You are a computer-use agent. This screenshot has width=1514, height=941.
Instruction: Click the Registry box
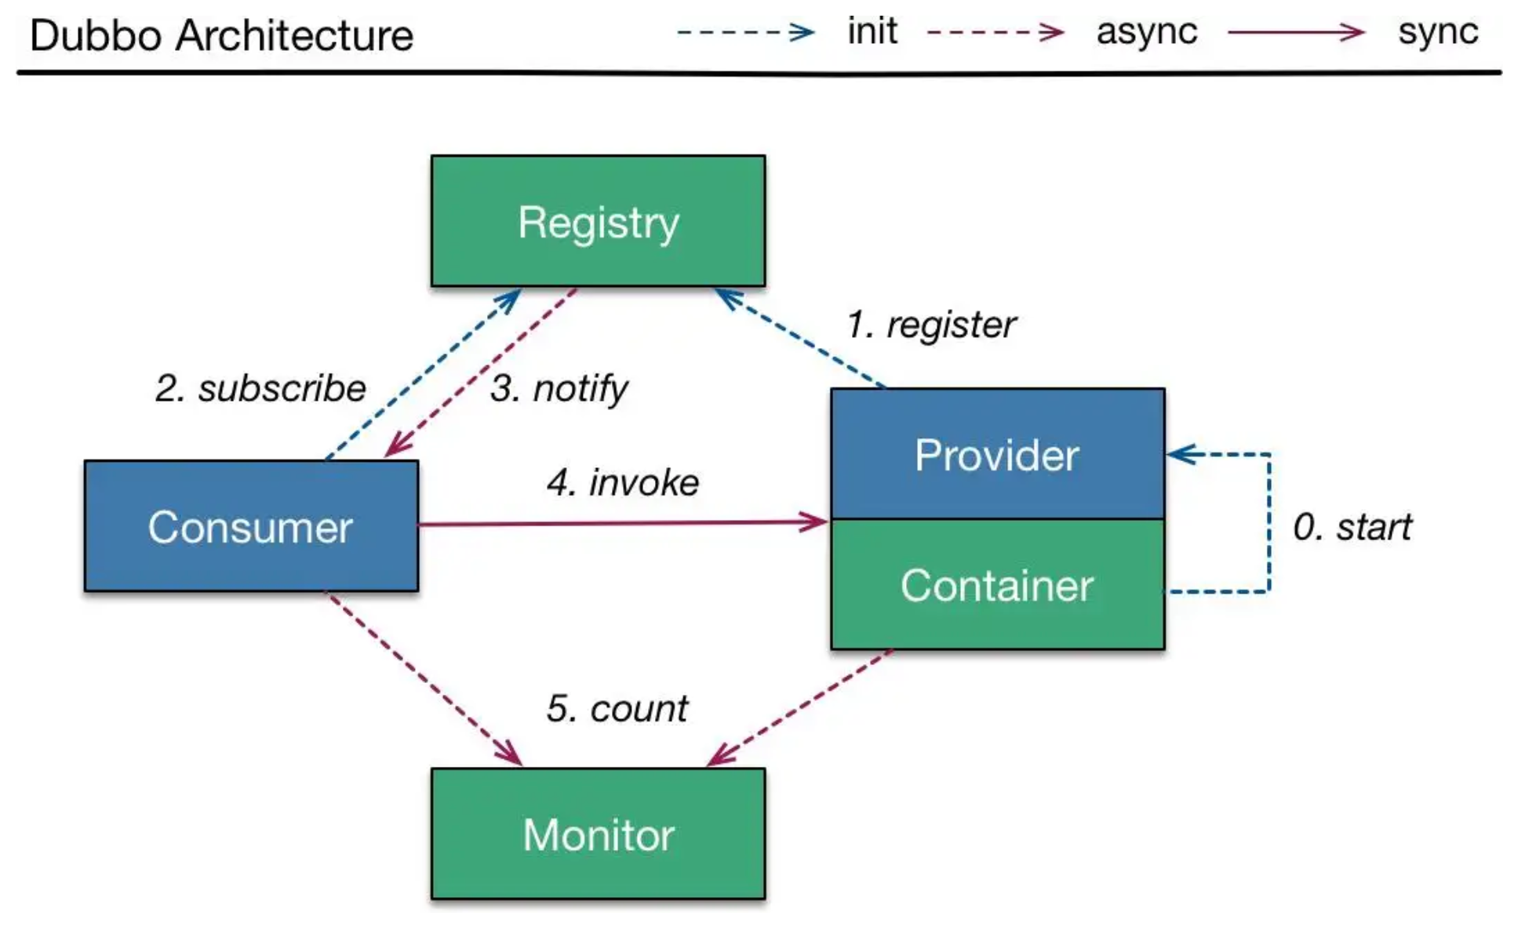599,221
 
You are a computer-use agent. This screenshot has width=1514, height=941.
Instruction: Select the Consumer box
252,526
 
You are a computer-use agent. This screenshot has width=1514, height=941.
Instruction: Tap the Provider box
998,454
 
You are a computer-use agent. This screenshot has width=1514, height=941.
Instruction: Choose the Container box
998,584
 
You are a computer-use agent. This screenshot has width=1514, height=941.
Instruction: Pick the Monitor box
599,834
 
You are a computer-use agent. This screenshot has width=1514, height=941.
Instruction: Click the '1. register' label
931,325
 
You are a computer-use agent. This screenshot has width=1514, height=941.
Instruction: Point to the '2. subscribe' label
261,388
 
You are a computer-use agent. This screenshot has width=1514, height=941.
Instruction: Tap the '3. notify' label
559,388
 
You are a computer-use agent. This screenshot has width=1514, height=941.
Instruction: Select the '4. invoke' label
623,482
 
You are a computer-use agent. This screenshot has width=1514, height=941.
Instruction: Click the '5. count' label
617,709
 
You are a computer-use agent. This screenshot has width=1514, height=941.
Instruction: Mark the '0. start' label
1352,527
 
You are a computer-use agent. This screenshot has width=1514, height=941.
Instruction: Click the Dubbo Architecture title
221,36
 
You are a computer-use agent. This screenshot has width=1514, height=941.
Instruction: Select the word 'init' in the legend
872,31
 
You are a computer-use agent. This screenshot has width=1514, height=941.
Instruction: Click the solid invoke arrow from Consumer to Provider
624,523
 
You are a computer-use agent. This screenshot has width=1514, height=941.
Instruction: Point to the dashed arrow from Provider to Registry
801,338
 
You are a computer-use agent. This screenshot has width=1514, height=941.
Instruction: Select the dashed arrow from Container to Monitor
799,707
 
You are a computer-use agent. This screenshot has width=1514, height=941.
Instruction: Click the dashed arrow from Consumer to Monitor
424,678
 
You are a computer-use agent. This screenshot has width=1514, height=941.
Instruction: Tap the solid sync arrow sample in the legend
1296,33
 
